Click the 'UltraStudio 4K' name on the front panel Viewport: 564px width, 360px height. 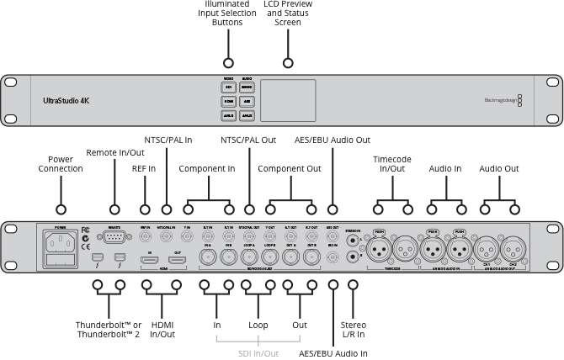click(66, 100)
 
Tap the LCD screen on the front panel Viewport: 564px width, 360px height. click(287, 100)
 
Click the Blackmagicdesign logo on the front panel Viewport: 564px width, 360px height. click(503, 100)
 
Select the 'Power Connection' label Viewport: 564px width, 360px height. click(61, 164)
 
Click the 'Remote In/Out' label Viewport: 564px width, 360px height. click(114, 152)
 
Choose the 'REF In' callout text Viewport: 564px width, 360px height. click(144, 168)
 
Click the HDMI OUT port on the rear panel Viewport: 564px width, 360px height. click(177, 262)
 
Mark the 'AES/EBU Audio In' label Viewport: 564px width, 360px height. click(333, 353)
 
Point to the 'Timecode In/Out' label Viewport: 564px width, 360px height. click(393, 164)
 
